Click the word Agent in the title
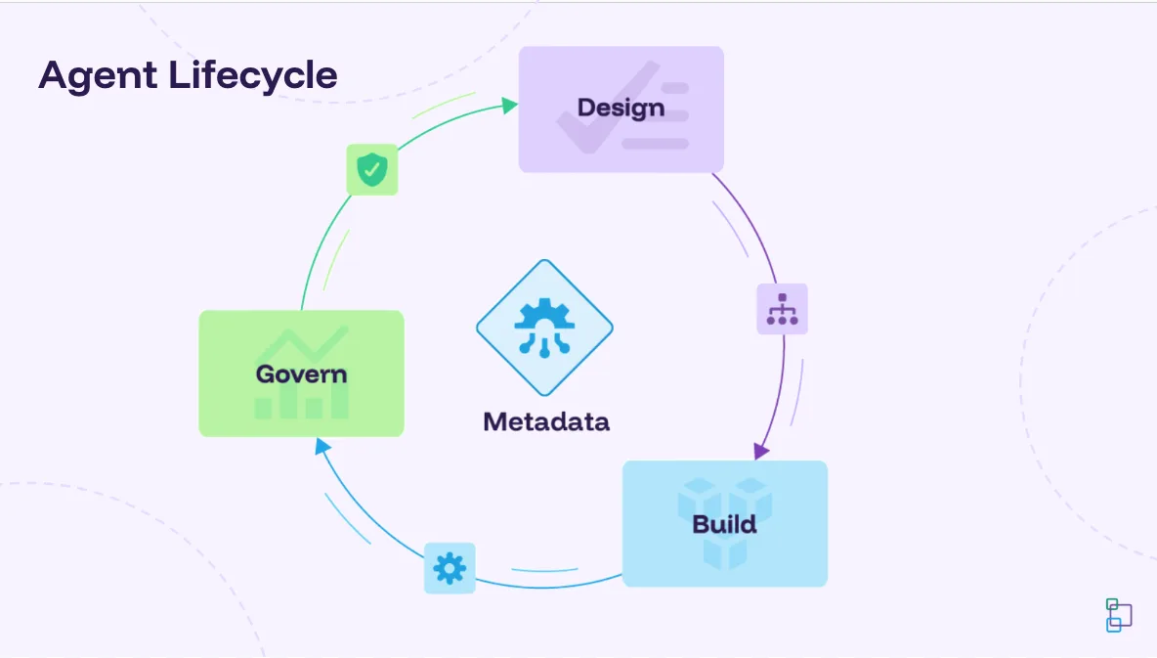98,76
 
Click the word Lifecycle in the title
253,76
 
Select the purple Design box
621,110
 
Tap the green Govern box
301,373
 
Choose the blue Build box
725,524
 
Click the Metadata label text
546,421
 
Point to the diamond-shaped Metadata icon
544,328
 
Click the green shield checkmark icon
372,170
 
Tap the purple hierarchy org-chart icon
782,309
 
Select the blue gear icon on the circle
450,568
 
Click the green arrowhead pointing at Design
509,106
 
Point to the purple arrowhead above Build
761,451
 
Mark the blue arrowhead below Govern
322,445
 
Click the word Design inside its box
621,108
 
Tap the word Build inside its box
725,524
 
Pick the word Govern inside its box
301,373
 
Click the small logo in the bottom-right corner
1119,615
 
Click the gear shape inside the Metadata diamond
544,314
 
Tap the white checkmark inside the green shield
372,170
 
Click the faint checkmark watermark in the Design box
607,108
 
